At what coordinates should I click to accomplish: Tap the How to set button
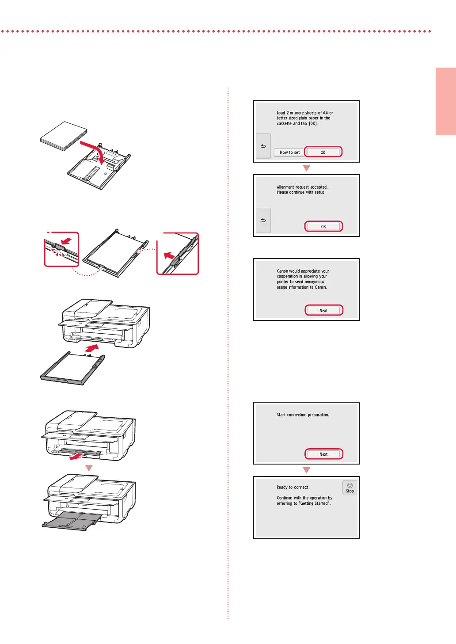click(289, 152)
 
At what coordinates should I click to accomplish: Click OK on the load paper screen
click(323, 152)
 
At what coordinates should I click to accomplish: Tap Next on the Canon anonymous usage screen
click(323, 310)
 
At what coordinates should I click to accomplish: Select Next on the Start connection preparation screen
click(323, 454)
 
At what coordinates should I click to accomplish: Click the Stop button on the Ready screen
click(350, 488)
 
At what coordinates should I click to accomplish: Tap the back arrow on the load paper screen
click(263, 146)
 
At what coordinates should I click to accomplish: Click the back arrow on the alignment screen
click(263, 220)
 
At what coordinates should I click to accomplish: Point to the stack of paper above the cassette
click(64, 136)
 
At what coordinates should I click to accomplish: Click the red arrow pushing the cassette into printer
click(92, 348)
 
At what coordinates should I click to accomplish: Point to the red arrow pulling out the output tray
click(77, 456)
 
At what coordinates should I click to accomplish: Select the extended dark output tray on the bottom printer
click(72, 521)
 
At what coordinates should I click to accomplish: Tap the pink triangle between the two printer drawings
click(89, 468)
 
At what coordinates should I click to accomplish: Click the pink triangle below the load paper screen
click(307, 168)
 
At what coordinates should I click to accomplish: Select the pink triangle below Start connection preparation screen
click(307, 470)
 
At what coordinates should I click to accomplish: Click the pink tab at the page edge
click(446, 101)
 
